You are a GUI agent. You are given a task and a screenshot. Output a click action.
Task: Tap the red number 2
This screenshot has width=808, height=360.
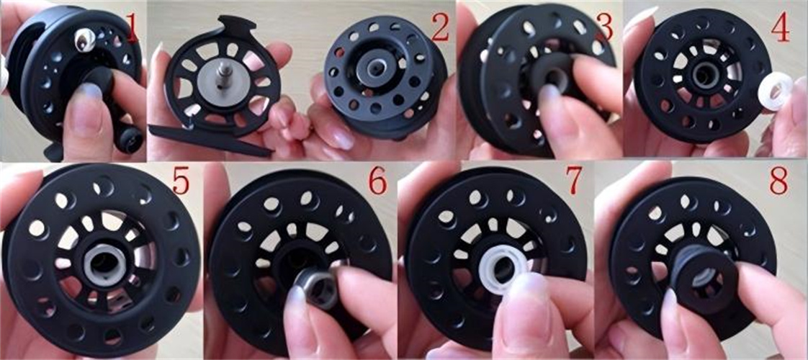[441, 29]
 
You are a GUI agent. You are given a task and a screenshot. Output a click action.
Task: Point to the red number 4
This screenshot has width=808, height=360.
[780, 29]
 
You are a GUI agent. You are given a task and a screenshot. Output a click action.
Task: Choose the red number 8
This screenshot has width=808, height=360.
[778, 180]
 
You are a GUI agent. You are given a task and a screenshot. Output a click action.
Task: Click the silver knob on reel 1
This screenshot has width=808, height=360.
[84, 40]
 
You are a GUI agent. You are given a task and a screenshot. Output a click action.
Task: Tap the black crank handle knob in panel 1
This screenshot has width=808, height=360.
[130, 139]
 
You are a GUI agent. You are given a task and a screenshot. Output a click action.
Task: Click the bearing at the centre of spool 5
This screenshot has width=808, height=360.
[106, 264]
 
